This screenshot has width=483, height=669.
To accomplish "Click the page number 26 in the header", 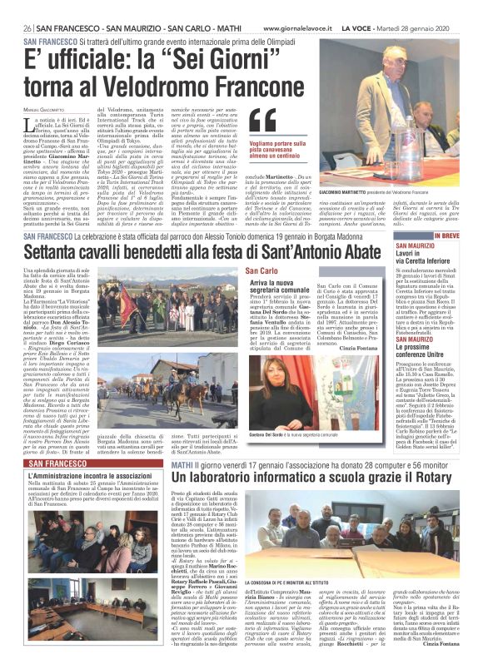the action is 28,6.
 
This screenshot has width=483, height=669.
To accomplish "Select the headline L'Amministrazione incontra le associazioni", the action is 92,475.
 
